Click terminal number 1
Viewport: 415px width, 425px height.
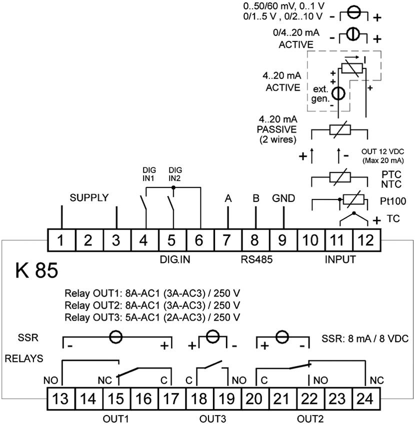tap(60, 240)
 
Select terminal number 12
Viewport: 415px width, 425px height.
tap(366, 240)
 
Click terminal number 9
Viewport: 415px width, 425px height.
tap(282, 240)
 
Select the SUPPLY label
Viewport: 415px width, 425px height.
tap(89, 198)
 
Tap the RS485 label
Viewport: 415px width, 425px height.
tap(254, 259)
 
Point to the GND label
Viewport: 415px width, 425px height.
tap(283, 198)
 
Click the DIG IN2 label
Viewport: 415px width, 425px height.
tap(174, 174)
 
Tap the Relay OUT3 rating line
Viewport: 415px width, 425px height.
tap(152, 317)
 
